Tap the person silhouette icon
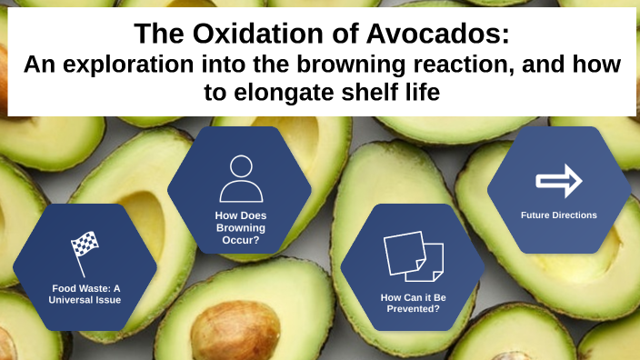point(240,178)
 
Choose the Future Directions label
point(558,215)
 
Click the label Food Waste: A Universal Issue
point(85,294)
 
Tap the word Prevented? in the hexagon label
point(412,309)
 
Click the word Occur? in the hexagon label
point(240,241)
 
